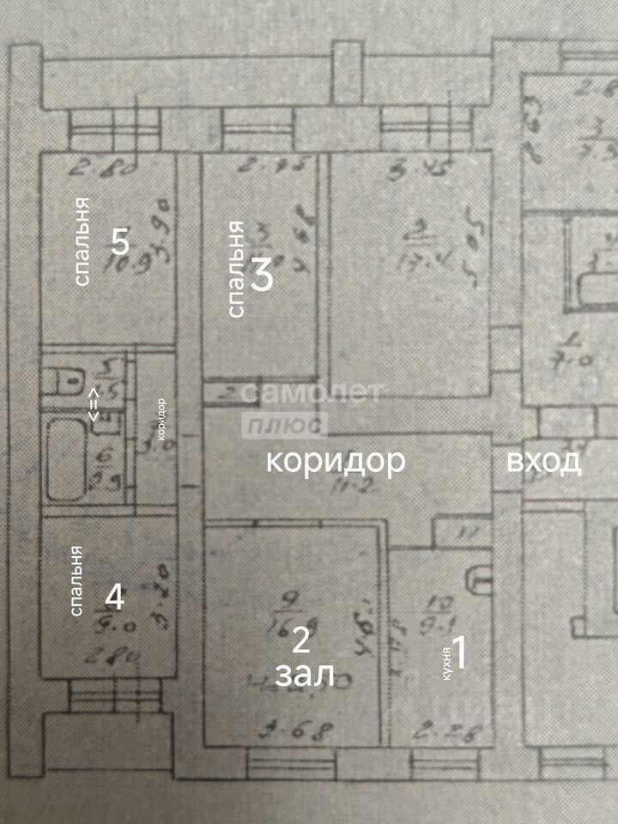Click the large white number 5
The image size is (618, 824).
(120, 243)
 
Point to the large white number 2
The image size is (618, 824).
(300, 639)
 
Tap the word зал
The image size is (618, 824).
(304, 676)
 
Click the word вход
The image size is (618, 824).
(545, 462)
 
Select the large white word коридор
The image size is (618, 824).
(335, 462)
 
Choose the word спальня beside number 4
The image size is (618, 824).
(76, 581)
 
